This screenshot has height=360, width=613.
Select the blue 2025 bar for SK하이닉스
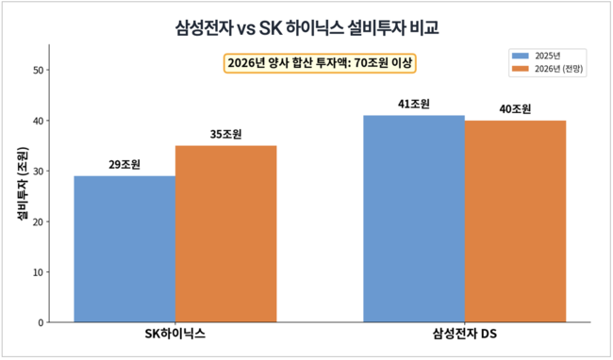click(x=124, y=249)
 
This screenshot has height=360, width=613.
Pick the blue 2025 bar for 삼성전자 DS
click(x=414, y=219)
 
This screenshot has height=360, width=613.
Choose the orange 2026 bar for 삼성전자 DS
click(x=515, y=221)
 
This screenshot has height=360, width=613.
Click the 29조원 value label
click(x=124, y=165)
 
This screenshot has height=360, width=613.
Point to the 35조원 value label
click(x=225, y=135)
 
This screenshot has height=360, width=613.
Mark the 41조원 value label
click(x=414, y=105)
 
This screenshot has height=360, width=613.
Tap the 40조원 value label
click(x=515, y=109)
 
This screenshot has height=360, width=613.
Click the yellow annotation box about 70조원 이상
click(x=321, y=63)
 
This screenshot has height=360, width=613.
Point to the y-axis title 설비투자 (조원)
click(x=22, y=185)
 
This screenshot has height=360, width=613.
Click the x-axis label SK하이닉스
click(x=174, y=335)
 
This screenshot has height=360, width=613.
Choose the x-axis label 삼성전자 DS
click(x=464, y=335)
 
